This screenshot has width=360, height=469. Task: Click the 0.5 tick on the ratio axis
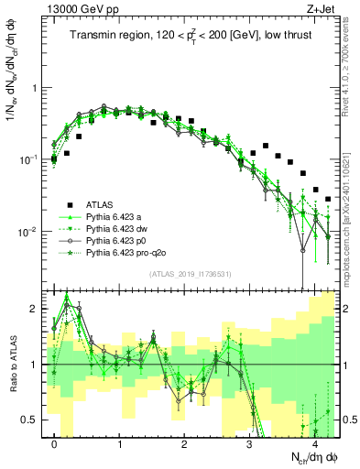(x=35, y=420)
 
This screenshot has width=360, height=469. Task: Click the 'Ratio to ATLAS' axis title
(x=12, y=364)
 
